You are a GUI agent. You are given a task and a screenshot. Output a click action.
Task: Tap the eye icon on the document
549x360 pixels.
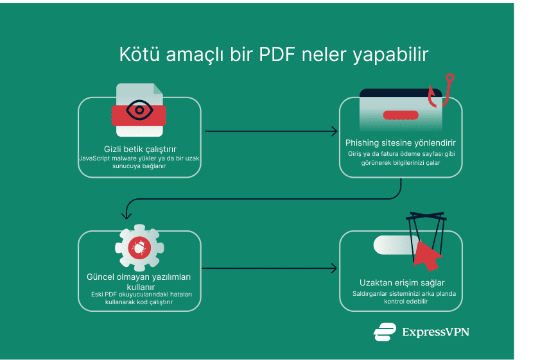tap(139, 110)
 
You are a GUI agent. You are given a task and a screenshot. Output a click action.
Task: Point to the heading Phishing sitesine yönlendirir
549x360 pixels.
tap(401, 142)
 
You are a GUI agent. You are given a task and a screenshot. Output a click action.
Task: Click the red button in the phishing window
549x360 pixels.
tap(401, 115)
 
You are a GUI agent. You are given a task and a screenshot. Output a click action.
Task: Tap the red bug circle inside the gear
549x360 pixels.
tap(139, 248)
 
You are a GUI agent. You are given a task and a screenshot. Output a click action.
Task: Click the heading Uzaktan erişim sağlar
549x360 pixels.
tap(402, 282)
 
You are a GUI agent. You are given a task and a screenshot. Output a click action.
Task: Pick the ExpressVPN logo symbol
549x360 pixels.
tap(385, 332)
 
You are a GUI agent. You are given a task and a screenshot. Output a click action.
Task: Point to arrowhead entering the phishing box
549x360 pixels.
tap(334, 132)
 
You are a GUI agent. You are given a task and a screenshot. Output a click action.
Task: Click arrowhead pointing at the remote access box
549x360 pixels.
tap(334, 268)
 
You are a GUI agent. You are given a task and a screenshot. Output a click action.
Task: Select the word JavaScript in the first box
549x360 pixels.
tap(96, 158)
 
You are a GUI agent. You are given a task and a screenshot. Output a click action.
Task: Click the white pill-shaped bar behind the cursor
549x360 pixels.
tap(393, 244)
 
